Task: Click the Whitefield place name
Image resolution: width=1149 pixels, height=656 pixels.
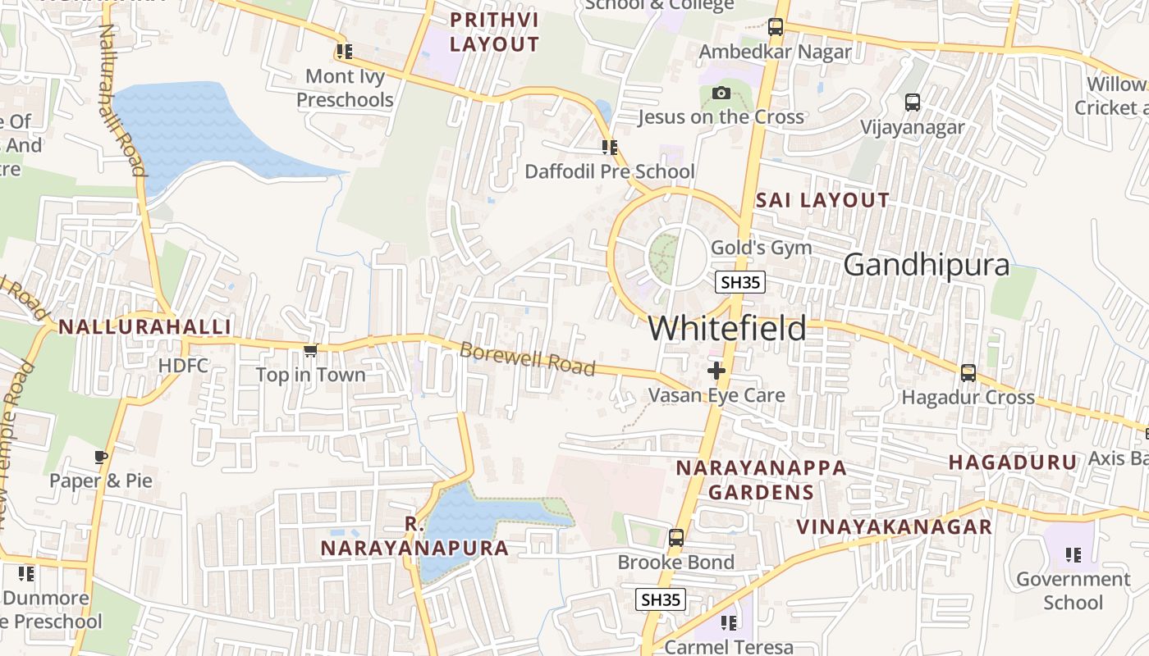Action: tap(727, 329)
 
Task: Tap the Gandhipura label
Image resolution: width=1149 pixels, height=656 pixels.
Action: tap(927, 266)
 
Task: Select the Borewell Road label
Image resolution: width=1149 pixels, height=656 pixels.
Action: tap(527, 359)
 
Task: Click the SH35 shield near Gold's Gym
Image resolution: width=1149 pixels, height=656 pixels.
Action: tap(740, 283)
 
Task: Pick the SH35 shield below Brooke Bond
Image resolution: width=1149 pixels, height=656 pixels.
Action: tap(661, 599)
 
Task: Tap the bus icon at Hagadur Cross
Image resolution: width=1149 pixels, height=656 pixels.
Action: tap(968, 373)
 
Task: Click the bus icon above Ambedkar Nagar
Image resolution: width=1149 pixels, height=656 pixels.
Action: tap(776, 26)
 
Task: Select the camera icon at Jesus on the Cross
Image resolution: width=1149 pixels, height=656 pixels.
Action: tap(721, 93)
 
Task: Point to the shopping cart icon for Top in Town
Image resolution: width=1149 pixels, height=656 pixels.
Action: tap(310, 351)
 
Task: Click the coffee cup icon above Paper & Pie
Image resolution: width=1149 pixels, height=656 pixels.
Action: tap(101, 457)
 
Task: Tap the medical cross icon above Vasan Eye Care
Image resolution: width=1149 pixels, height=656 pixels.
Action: tap(716, 371)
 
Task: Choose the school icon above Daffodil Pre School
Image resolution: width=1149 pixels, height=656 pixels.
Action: tap(609, 148)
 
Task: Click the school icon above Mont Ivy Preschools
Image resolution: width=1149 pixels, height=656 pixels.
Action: tap(344, 52)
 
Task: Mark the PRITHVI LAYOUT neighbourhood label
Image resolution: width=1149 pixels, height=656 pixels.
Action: tap(494, 32)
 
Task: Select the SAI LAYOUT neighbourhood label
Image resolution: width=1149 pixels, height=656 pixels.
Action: tap(822, 200)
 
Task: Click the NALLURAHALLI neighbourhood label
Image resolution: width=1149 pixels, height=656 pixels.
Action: tap(144, 326)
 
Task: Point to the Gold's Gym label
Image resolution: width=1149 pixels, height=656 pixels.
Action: tap(761, 248)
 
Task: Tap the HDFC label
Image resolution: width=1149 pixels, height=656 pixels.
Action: tap(183, 366)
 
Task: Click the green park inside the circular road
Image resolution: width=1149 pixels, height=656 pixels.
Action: tap(666, 257)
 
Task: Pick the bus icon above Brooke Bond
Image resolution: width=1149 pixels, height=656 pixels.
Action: tap(675, 538)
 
